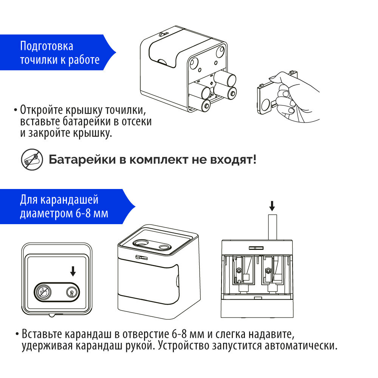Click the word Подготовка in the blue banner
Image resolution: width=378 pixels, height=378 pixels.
(x=46, y=46)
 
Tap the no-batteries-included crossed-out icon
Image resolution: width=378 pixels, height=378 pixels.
(x=31, y=160)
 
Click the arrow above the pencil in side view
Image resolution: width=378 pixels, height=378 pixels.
(x=272, y=206)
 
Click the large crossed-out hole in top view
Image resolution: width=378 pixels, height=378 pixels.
(x=43, y=291)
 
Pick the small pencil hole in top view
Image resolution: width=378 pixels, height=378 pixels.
(x=70, y=292)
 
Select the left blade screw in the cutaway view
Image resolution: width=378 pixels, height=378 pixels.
(x=240, y=270)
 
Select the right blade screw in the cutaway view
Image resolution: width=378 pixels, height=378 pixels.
(x=268, y=270)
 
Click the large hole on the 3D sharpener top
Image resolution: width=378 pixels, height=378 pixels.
(x=143, y=242)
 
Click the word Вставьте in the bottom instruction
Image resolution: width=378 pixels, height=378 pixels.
(x=42, y=334)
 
